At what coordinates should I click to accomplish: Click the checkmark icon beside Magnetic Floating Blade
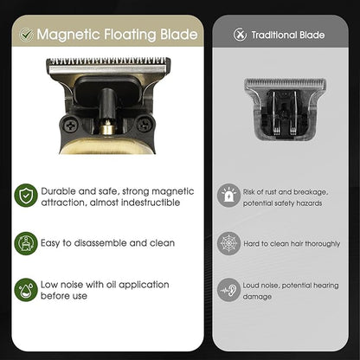tap(26, 35)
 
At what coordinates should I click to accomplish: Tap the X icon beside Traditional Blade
tap(240, 35)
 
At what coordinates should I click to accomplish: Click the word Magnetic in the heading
tap(68, 35)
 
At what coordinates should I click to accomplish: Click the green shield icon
tap(26, 196)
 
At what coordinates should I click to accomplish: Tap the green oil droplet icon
tap(26, 290)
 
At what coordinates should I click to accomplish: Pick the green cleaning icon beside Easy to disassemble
tap(26, 243)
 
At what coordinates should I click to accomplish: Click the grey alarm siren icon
tap(228, 196)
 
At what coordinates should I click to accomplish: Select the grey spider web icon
tap(228, 243)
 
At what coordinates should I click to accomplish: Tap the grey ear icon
tap(228, 290)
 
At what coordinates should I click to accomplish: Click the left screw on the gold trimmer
tap(70, 125)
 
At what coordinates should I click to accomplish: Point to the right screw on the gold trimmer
tap(145, 125)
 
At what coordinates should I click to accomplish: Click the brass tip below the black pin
tap(107, 127)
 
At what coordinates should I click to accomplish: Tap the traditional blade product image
tap(285, 109)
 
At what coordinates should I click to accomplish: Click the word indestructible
tap(151, 202)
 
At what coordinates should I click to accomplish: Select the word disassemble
tap(100, 243)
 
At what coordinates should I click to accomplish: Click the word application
tap(144, 285)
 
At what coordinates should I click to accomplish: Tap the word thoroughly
tap(323, 244)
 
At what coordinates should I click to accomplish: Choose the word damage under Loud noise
tap(257, 297)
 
